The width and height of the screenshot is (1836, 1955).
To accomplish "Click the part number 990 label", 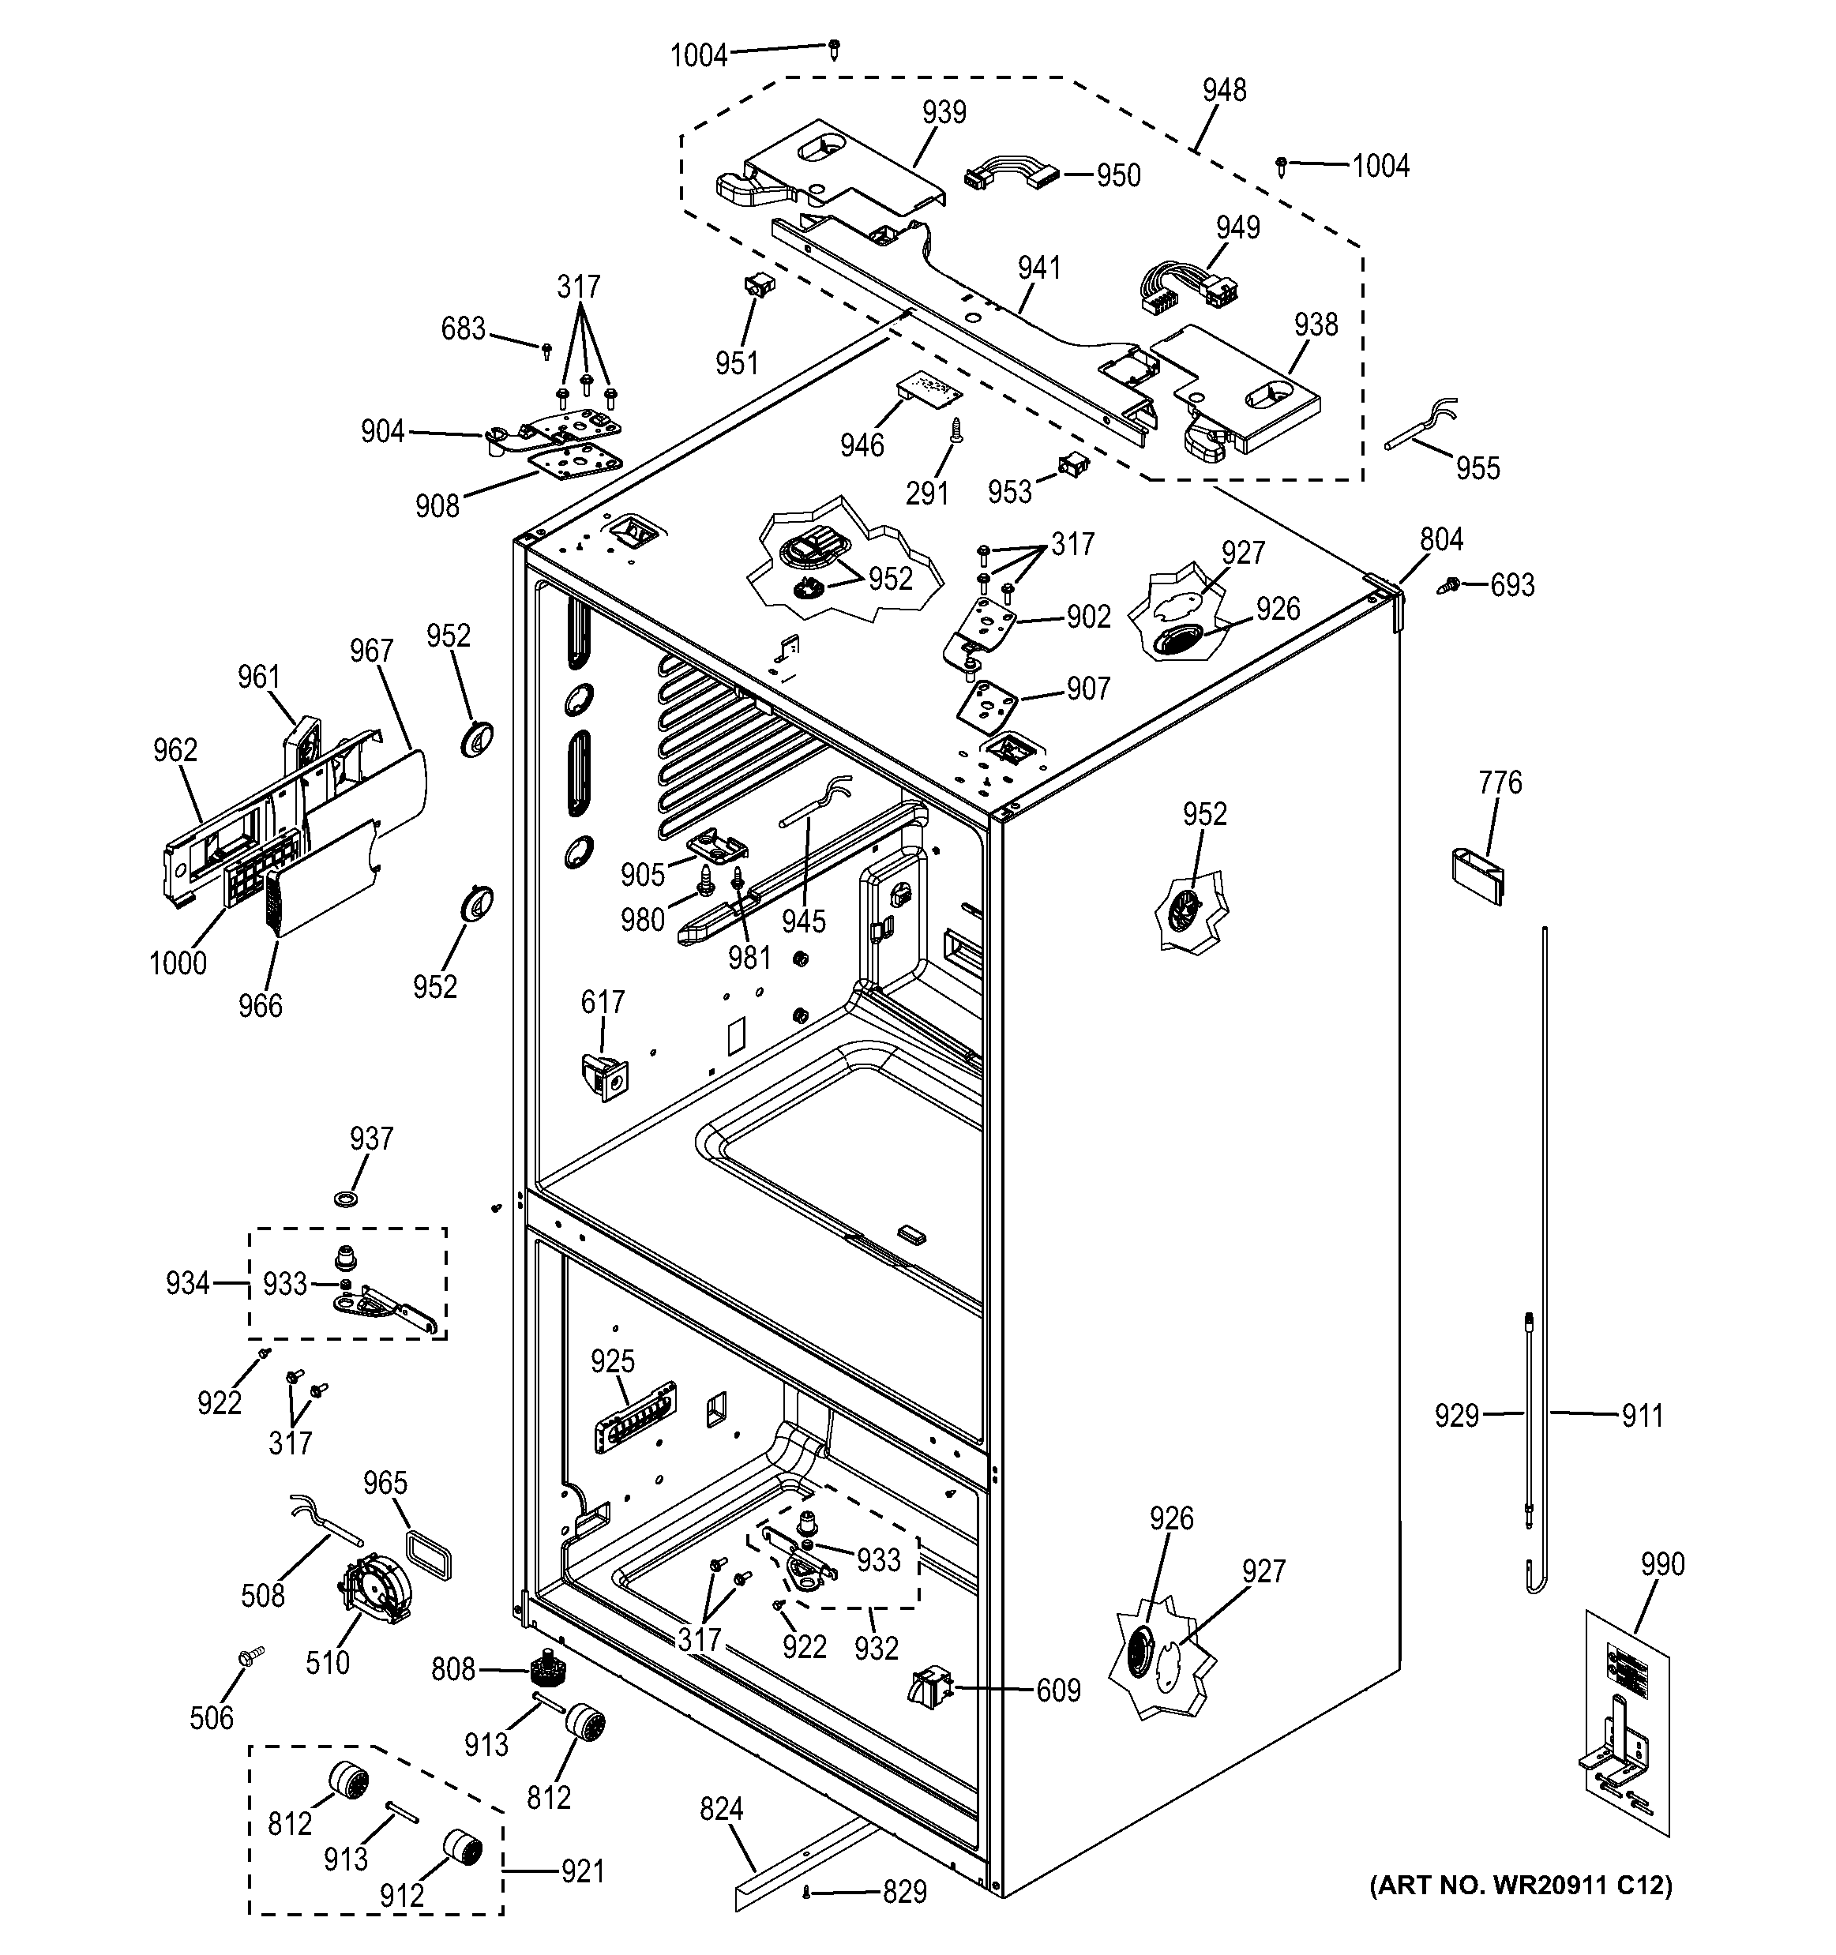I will (1662, 1565).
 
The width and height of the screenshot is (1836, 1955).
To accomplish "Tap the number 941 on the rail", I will (1039, 268).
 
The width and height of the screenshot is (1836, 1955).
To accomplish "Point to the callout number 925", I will (613, 1362).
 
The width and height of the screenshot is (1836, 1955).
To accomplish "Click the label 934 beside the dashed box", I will (187, 1283).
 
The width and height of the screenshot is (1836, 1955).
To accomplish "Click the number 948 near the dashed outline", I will (1224, 91).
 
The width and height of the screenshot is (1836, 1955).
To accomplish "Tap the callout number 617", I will (603, 1002).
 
